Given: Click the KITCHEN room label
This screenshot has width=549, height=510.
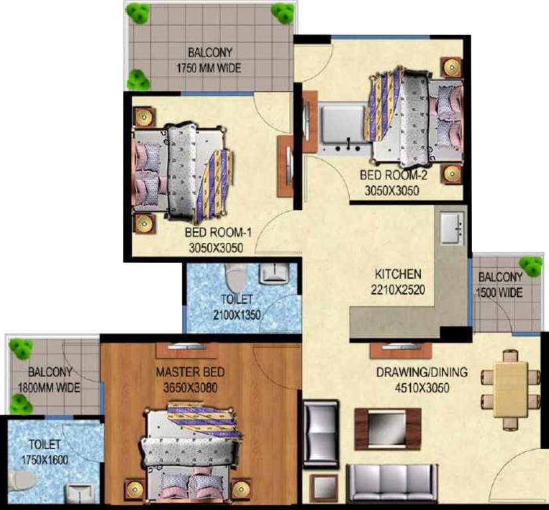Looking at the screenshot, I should (398, 274).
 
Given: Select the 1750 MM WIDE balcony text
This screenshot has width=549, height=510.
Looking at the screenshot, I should (208, 68).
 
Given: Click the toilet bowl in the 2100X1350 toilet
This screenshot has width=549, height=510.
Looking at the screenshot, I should (235, 274).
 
